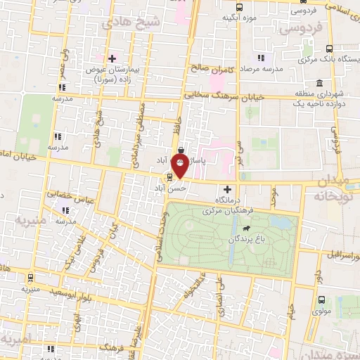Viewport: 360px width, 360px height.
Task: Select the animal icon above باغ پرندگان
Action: [247, 229]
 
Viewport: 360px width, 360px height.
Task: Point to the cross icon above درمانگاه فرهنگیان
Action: [226, 189]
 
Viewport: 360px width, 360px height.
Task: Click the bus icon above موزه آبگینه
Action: [239, 7]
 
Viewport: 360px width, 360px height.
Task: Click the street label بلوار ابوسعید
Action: [46, 290]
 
